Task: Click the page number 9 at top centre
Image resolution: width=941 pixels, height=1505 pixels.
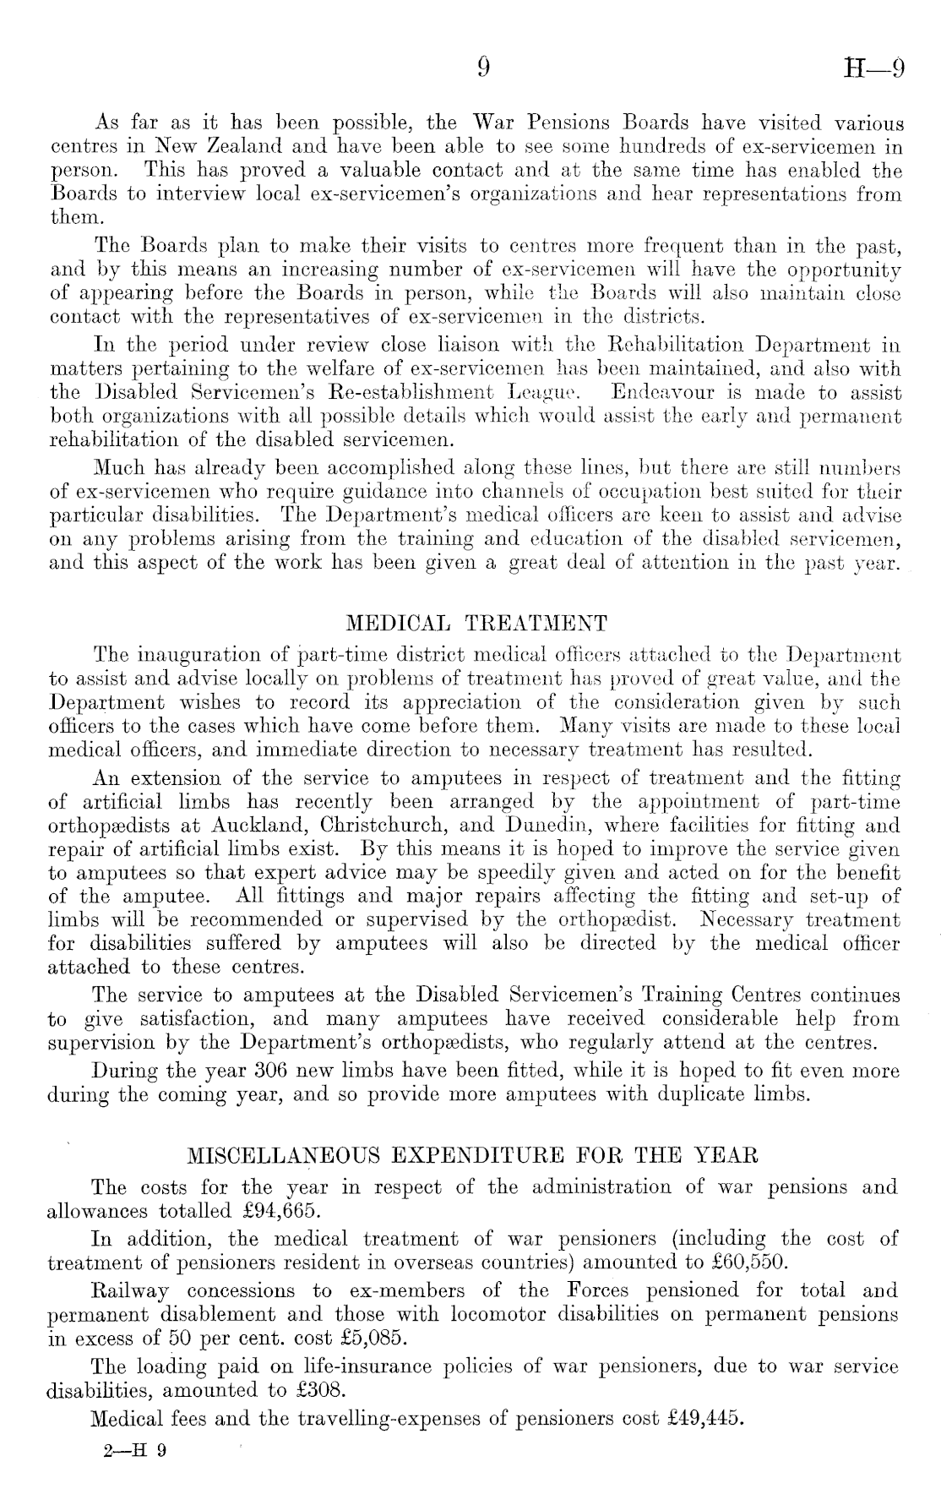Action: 483,68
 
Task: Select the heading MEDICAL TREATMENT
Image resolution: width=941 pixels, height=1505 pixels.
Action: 477,624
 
